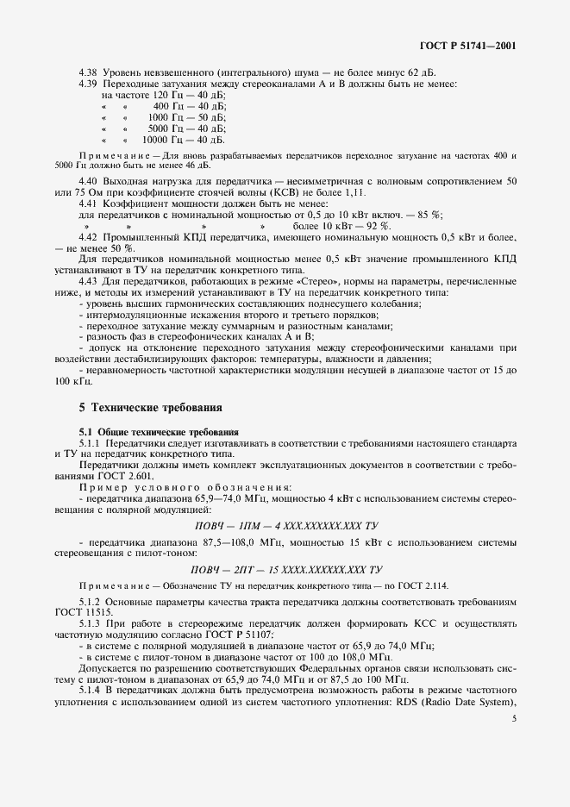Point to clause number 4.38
(x=89, y=72)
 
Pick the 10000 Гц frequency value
(x=160, y=139)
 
